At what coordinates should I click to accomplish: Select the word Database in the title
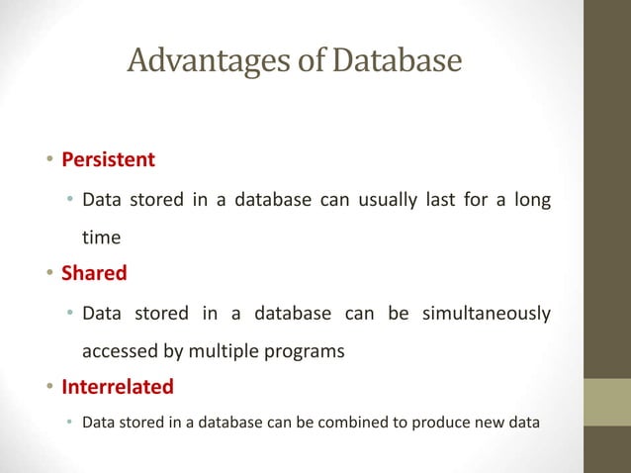396,61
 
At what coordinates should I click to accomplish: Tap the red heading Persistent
109,158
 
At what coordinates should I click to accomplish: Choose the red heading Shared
94,271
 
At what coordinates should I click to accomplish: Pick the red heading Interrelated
118,385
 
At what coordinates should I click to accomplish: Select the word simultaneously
487,314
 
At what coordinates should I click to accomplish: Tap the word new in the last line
490,424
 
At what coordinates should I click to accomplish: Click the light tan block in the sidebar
607,403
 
